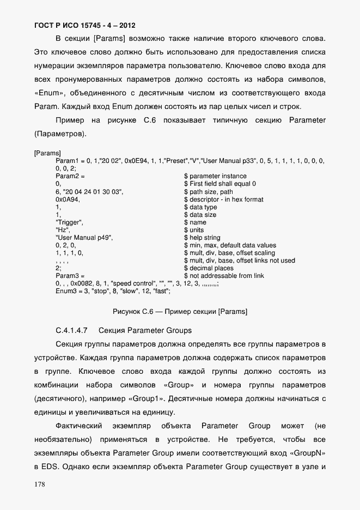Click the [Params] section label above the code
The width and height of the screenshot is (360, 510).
(47, 153)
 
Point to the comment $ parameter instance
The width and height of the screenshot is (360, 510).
(215, 176)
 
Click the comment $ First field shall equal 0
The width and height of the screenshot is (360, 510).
(219, 184)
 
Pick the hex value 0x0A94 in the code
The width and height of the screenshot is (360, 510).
(68, 199)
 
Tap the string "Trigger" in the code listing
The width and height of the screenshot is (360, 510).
(69, 222)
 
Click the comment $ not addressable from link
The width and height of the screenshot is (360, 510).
(224, 276)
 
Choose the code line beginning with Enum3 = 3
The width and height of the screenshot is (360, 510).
(113, 292)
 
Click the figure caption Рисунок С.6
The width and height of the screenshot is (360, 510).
(180, 312)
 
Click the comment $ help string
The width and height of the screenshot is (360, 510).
(202, 238)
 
